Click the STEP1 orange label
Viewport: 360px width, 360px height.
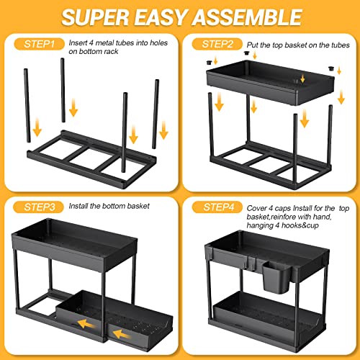pos(39,44)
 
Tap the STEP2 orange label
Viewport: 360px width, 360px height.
pos(217,44)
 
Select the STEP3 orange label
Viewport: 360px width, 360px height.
pos(39,207)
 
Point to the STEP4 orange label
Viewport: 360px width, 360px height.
pos(217,207)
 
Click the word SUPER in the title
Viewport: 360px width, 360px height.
pos(95,17)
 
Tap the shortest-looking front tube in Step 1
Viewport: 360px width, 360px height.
pos(125,132)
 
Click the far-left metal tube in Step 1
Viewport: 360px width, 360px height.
pos(27,106)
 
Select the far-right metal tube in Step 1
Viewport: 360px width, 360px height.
pos(156,114)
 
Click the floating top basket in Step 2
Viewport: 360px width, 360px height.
pos(270,82)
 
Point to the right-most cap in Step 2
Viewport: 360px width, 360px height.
pos(331,68)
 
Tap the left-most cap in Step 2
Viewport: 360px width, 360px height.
pos(209,63)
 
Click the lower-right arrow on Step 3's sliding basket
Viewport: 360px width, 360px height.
pos(122,334)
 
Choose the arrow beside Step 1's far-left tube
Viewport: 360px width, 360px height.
pos(37,127)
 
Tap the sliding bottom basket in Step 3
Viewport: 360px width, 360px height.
pos(114,317)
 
